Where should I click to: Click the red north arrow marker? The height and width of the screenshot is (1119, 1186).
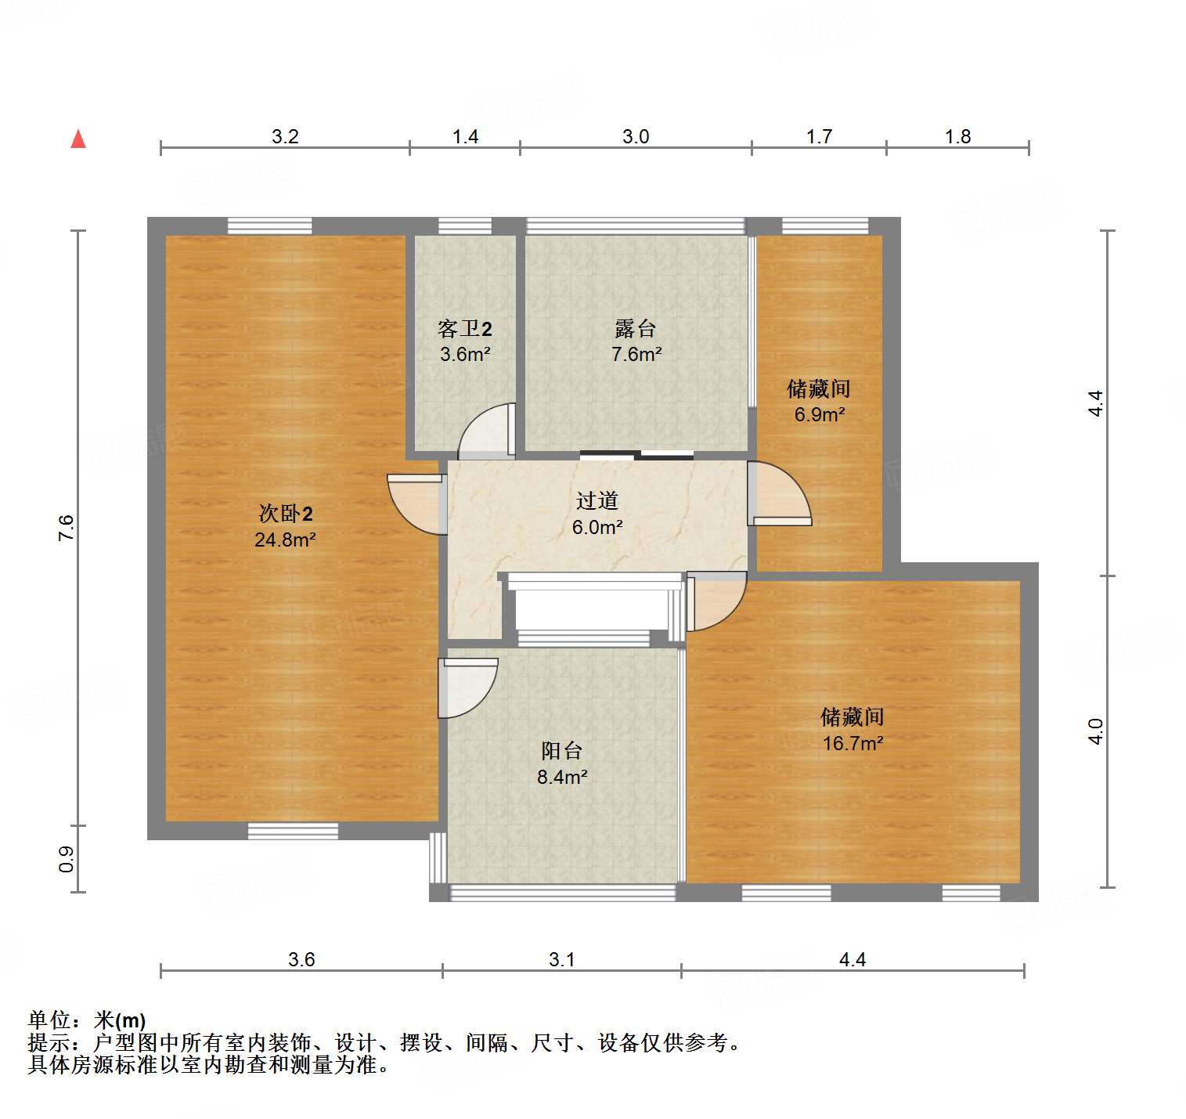[78, 139]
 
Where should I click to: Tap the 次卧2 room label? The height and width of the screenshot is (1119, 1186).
[286, 514]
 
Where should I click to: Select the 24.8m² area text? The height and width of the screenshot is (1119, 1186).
[285, 540]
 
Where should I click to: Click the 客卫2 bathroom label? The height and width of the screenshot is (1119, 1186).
[465, 329]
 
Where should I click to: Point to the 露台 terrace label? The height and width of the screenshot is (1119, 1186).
[636, 329]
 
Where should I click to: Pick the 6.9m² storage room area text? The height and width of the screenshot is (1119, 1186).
[820, 414]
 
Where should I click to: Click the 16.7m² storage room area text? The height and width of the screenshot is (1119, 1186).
[853, 743]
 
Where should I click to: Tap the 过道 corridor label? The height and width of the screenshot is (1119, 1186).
[597, 500]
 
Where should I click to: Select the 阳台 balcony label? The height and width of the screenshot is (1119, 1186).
[562, 751]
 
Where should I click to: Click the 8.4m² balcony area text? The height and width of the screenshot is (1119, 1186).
[562, 777]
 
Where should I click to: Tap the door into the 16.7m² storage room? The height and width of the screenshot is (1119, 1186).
[714, 601]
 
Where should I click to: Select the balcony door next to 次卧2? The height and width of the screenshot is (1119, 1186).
[467, 687]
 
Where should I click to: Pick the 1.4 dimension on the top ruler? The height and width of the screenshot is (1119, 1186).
[465, 137]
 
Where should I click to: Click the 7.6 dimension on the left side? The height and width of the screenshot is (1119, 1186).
[67, 528]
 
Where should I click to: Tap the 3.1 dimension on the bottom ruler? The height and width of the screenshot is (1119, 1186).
[561, 959]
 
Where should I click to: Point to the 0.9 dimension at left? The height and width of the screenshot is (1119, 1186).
[67, 859]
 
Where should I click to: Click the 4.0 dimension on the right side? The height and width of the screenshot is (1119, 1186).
[1095, 731]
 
